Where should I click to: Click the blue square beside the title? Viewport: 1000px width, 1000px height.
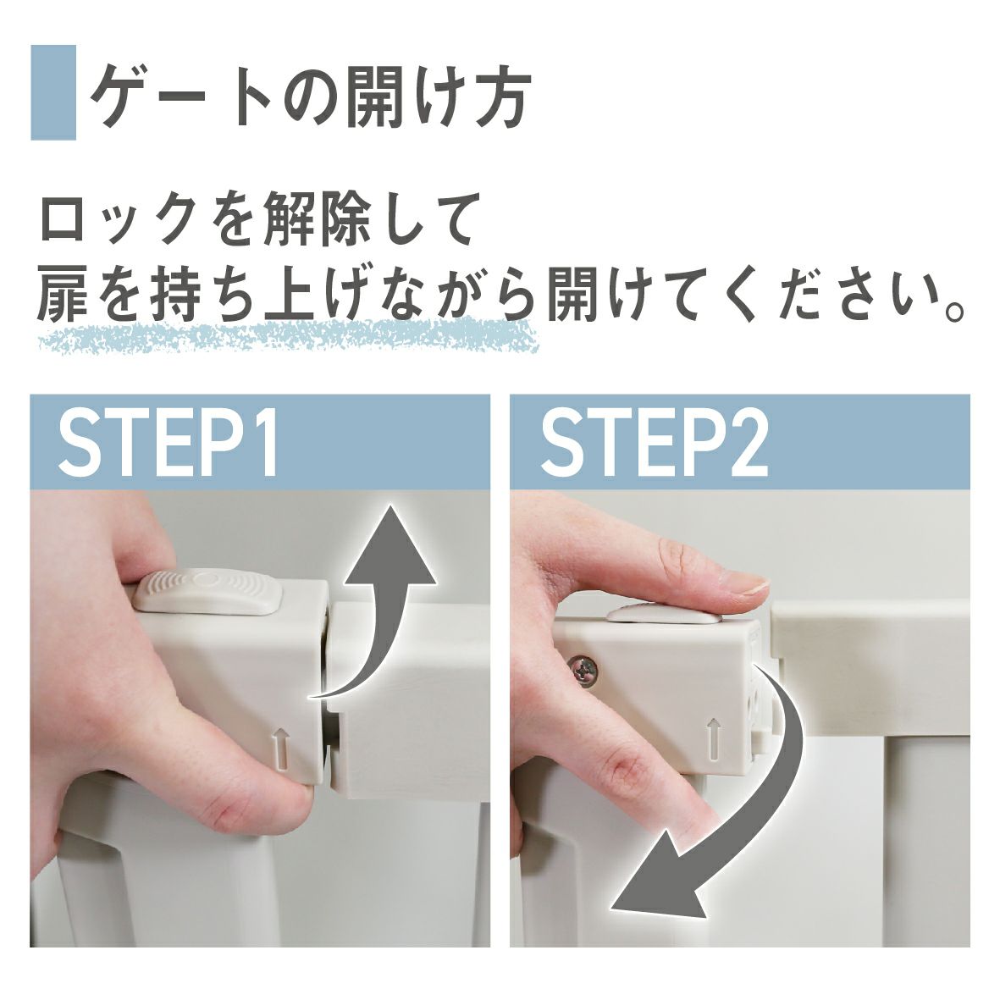53,92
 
